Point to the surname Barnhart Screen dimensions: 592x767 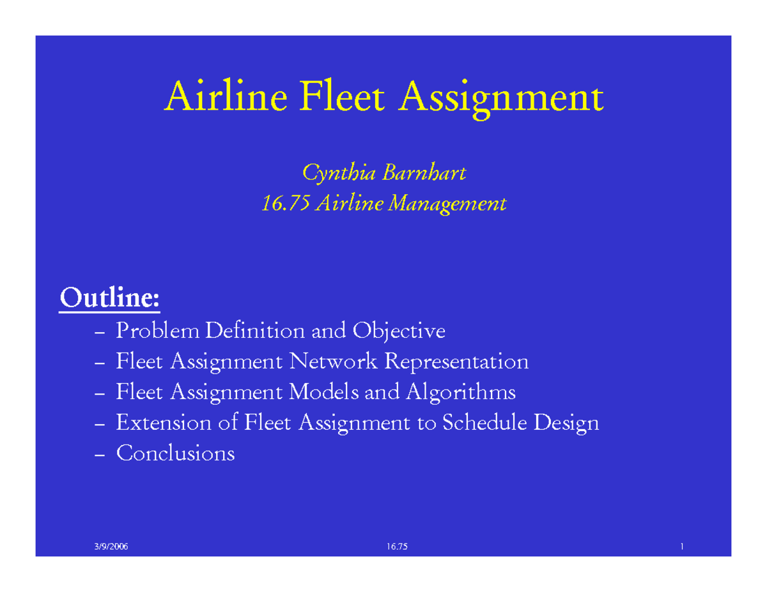pyautogui.click(x=424, y=172)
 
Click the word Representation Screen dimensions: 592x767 pyautogui.click(x=456, y=363)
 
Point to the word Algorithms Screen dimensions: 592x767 pyautogui.click(x=460, y=393)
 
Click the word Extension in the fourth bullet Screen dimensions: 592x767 pyautogui.click(x=162, y=423)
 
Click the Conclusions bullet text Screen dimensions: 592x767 pyautogui.click(x=175, y=453)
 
